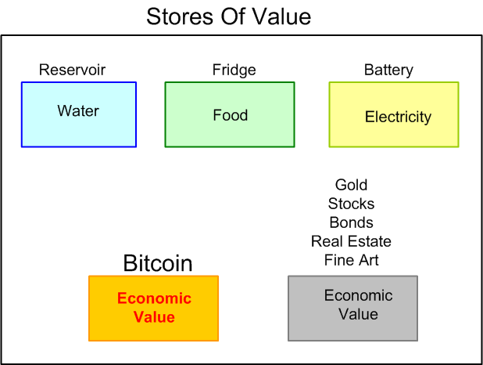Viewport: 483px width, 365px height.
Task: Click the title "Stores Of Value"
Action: pos(228,16)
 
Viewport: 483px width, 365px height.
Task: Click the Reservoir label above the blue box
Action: pos(72,70)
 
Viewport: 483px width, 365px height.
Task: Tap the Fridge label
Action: pos(234,70)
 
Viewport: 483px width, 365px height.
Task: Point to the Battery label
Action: pos(388,70)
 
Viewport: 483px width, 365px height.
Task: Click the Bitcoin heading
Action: pos(158,263)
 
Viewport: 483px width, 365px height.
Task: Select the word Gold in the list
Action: pos(351,185)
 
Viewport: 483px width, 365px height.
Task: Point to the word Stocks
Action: pos(351,204)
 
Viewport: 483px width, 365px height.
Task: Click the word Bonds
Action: pos(351,222)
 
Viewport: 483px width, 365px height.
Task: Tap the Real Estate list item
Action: pos(351,241)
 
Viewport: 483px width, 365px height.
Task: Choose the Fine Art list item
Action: pos(351,260)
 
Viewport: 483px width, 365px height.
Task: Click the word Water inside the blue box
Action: pos(78,110)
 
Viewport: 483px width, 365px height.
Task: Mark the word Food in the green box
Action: pos(230,115)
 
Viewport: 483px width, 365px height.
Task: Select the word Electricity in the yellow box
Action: pos(398,117)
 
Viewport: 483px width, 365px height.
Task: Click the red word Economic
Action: pos(154,298)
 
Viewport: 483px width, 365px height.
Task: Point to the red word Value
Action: pos(154,317)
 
